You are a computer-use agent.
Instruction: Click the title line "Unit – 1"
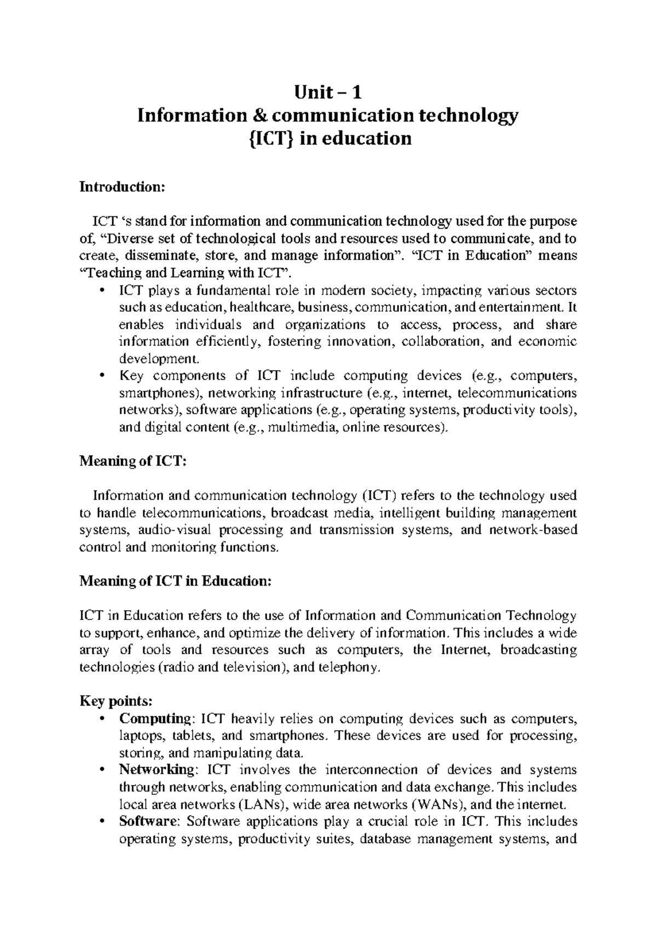click(x=328, y=92)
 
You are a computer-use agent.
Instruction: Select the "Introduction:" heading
click(x=122, y=187)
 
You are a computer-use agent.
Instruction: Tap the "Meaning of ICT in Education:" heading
click(x=175, y=581)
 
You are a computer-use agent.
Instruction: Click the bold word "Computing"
click(x=153, y=719)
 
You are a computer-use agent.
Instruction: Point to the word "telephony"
click(x=350, y=668)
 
